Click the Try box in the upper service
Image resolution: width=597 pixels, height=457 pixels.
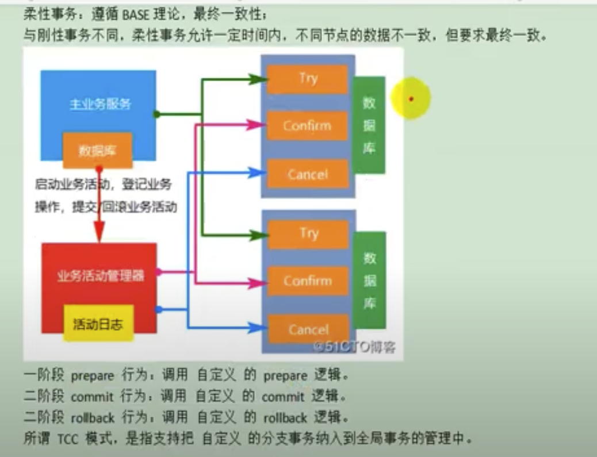[308, 79]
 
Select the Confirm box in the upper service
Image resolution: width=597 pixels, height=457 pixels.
[308, 126]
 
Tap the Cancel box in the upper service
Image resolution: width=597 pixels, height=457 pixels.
[308, 174]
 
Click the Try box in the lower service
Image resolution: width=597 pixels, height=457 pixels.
[308, 234]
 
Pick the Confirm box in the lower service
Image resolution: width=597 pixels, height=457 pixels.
[308, 281]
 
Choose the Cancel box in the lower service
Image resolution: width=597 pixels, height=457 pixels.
[308, 329]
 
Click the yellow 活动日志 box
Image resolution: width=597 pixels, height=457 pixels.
[98, 324]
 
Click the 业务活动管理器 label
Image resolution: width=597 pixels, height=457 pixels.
[100, 276]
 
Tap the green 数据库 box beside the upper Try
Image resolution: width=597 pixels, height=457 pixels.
[369, 125]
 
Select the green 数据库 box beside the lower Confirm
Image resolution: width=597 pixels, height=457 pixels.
[369, 280]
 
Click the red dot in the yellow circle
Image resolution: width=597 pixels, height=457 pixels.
[411, 99]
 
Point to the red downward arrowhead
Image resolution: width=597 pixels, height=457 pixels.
[99, 234]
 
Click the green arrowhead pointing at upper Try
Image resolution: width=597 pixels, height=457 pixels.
[256, 79]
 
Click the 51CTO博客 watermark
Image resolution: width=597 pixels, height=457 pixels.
[354, 347]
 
